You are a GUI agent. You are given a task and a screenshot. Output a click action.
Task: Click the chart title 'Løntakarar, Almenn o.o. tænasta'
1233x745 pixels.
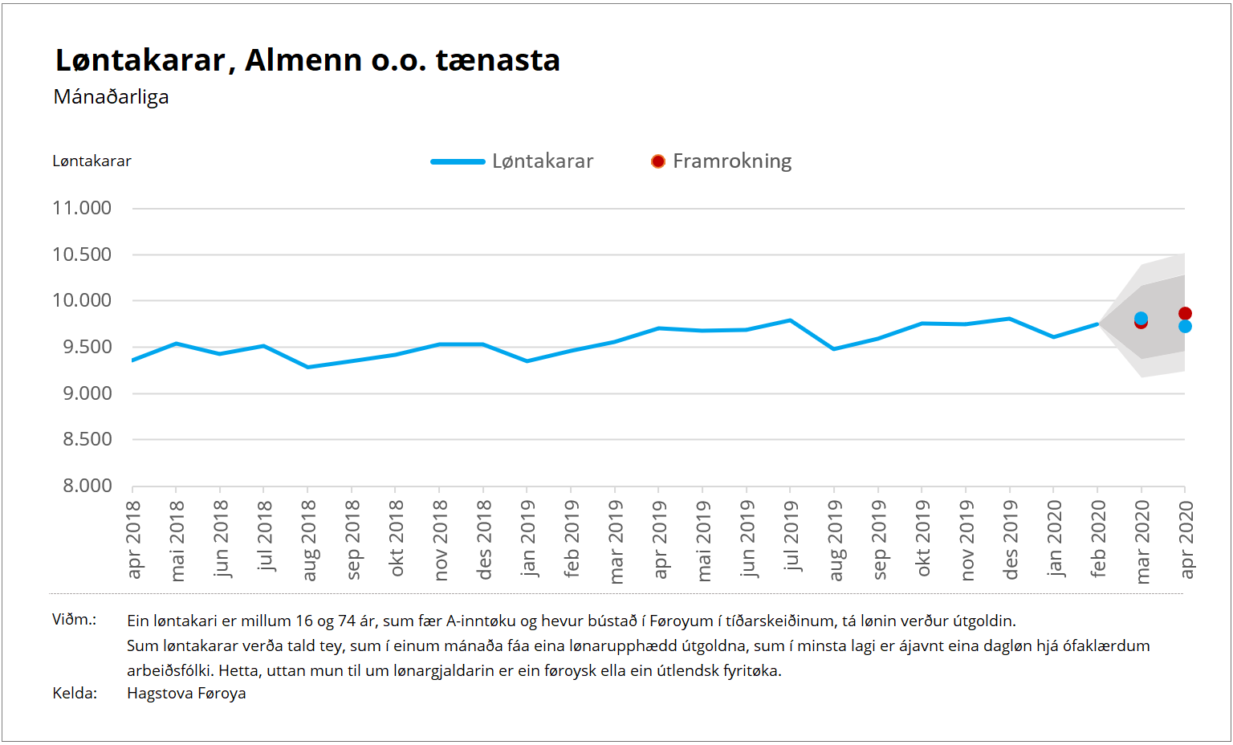coord(307,60)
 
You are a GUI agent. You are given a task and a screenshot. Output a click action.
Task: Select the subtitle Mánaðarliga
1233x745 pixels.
coord(111,97)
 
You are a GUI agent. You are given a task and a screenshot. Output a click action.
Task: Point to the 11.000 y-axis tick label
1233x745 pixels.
coord(82,208)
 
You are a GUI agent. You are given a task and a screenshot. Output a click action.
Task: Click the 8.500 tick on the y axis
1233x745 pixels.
coord(87,439)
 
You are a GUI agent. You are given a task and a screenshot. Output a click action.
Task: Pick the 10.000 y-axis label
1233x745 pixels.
coord(82,300)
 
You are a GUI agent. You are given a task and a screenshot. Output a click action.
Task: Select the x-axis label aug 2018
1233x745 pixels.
coord(309,539)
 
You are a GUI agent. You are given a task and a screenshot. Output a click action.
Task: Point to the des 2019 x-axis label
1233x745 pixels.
coord(1011,539)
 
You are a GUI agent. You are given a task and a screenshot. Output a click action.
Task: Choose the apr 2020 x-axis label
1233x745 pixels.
coord(1186,539)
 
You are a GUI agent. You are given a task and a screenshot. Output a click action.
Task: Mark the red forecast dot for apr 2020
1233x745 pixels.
coord(1185,313)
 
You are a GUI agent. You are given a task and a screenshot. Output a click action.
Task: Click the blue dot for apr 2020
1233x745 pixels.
coord(1185,327)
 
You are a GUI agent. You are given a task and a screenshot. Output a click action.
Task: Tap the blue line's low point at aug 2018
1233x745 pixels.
coord(307,367)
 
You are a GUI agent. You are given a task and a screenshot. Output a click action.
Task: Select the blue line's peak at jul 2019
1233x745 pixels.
coord(791,320)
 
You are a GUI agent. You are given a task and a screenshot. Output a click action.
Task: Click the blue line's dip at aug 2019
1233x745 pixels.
coord(834,349)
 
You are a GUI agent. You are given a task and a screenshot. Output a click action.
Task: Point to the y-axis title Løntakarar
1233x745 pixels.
coord(92,161)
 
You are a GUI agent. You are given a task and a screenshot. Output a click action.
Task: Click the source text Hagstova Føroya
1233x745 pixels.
coord(186,694)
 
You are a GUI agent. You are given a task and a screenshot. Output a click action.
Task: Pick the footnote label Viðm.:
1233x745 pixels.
coord(74,620)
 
